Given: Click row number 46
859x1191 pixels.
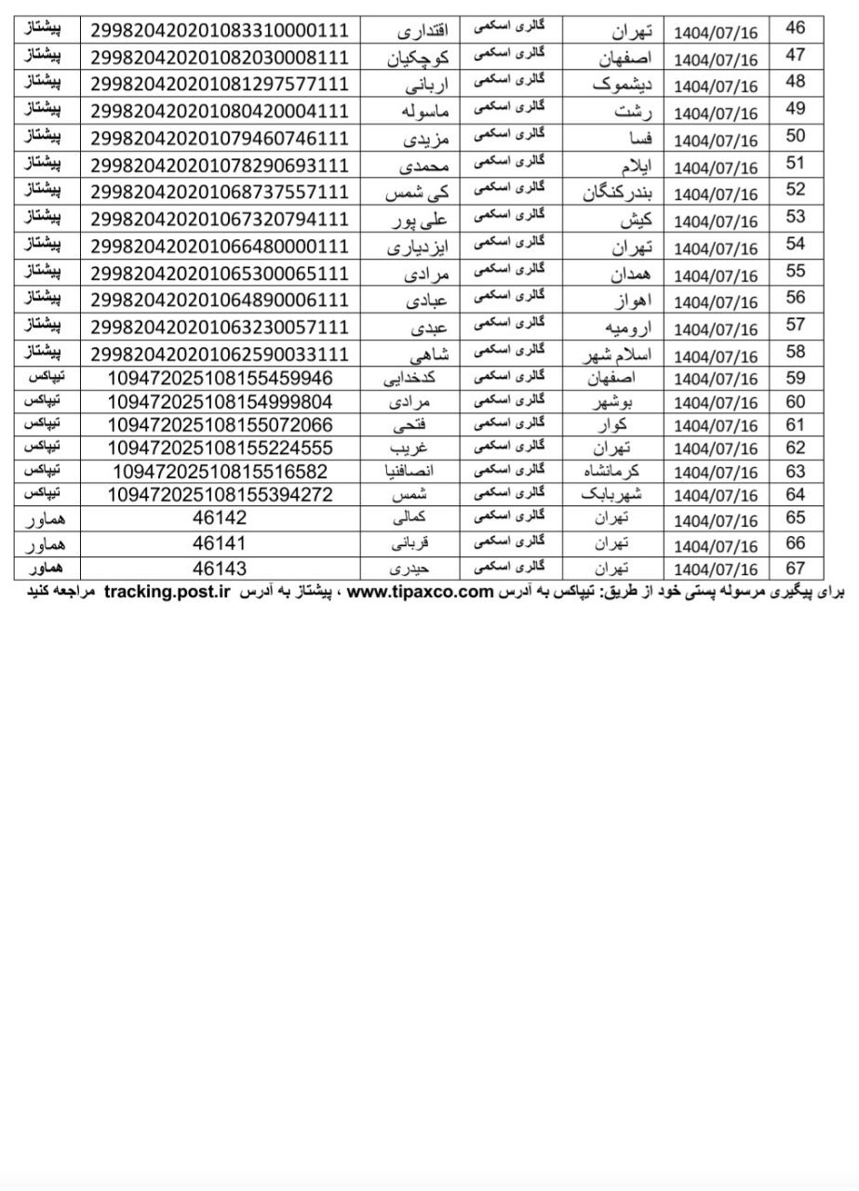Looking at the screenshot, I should tap(796, 28).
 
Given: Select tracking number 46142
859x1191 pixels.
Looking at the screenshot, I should tap(220, 518).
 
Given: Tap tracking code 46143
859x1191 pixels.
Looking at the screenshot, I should tap(220, 568).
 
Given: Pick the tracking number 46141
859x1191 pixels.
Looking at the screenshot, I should tap(220, 542).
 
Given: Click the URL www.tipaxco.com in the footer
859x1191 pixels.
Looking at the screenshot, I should tap(419, 592).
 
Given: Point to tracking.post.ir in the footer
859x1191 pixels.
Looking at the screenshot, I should tap(167, 592).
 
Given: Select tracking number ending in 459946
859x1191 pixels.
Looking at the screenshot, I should tap(220, 379).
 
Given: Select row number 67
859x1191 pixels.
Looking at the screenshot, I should tap(796, 568).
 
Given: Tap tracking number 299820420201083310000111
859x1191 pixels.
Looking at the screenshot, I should tap(220, 31).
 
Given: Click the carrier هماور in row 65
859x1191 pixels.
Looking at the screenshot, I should tap(46, 518).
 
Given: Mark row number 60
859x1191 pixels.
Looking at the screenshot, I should tap(796, 402).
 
